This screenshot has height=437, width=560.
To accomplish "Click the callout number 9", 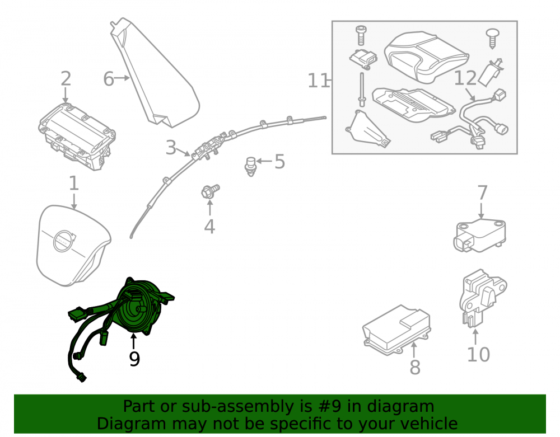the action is click(134, 359).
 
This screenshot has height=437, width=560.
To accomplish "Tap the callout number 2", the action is click(66, 79).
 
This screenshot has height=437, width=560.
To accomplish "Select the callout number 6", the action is click(109, 79).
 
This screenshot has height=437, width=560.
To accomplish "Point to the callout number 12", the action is click(465, 78).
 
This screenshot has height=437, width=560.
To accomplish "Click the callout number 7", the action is click(482, 192).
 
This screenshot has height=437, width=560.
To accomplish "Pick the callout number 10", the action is click(479, 354).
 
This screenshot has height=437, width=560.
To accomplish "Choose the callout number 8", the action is click(414, 367).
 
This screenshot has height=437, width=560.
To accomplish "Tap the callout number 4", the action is click(209, 227).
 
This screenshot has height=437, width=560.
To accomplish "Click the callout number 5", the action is click(279, 162).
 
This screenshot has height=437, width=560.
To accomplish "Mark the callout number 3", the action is click(171, 147).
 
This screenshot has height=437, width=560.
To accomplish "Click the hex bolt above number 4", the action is click(210, 191).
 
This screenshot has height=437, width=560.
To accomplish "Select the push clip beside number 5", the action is click(251, 166).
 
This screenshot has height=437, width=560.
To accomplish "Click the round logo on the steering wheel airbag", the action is click(63, 241).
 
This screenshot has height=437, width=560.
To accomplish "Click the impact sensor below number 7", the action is click(480, 236).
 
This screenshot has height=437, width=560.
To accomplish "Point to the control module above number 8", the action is click(396, 329).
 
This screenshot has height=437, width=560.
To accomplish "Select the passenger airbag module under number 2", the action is click(77, 136).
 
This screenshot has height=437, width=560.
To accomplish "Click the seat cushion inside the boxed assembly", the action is click(426, 57).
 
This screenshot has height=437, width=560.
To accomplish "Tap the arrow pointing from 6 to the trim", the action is click(122, 78).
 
